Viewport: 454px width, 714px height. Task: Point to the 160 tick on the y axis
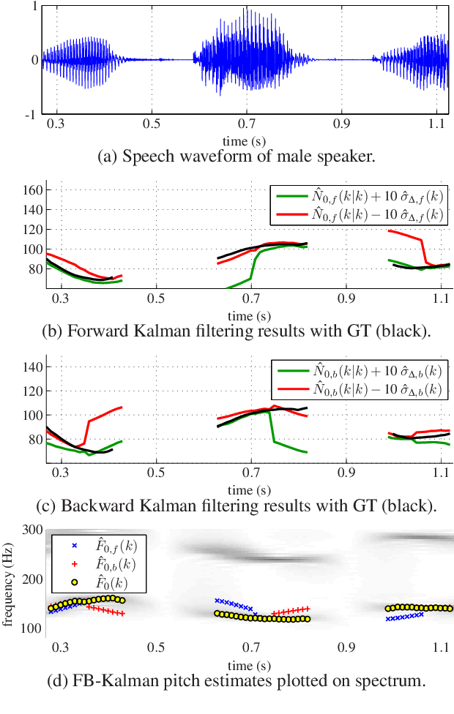(x=31, y=189)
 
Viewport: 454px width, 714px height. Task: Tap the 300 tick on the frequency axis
(x=31, y=530)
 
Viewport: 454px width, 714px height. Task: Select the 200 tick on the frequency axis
(x=31, y=579)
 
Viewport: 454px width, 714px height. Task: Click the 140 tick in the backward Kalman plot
(x=31, y=390)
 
